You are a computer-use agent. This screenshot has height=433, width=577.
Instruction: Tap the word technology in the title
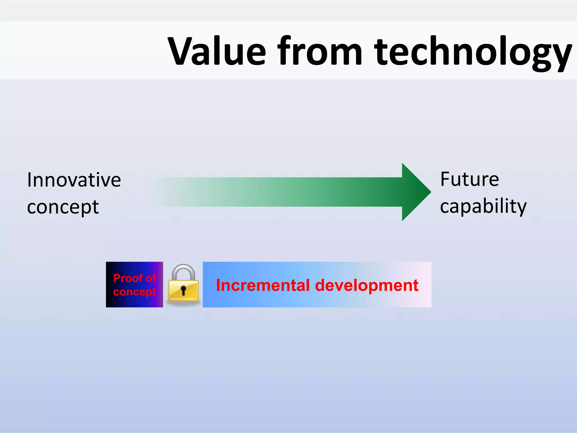pyautogui.click(x=473, y=52)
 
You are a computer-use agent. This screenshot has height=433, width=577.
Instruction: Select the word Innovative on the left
pyautogui.click(x=74, y=180)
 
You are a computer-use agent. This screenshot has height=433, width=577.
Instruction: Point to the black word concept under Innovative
pyautogui.click(x=63, y=207)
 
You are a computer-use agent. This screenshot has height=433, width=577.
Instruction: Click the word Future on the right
pyautogui.click(x=470, y=179)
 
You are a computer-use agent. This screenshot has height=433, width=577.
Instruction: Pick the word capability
pyautogui.click(x=483, y=206)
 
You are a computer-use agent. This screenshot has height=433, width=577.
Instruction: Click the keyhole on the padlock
pyautogui.click(x=183, y=290)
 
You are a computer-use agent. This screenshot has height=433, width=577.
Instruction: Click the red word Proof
pyautogui.click(x=128, y=278)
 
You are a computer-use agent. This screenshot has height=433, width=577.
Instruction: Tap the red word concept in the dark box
pyautogui.click(x=134, y=292)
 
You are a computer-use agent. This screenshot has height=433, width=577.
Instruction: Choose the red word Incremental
pyautogui.click(x=263, y=285)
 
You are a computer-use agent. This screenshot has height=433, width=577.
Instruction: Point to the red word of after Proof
pyautogui.click(x=151, y=278)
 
